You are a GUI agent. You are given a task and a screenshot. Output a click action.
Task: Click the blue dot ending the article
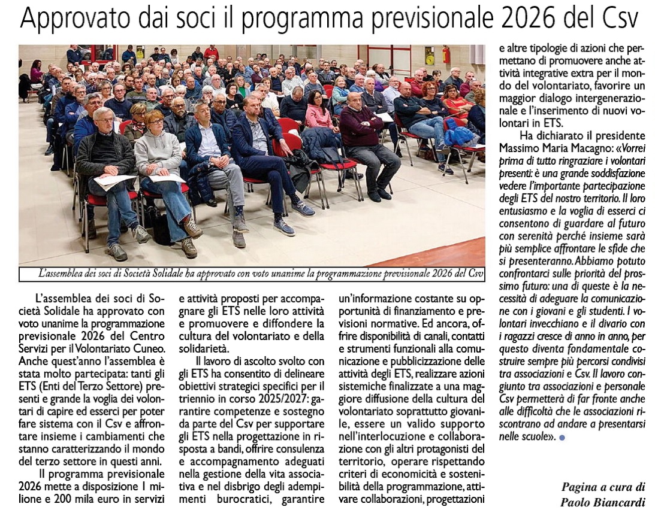(x=562, y=438)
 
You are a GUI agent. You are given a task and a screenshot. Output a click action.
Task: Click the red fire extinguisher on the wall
(x=446, y=55)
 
